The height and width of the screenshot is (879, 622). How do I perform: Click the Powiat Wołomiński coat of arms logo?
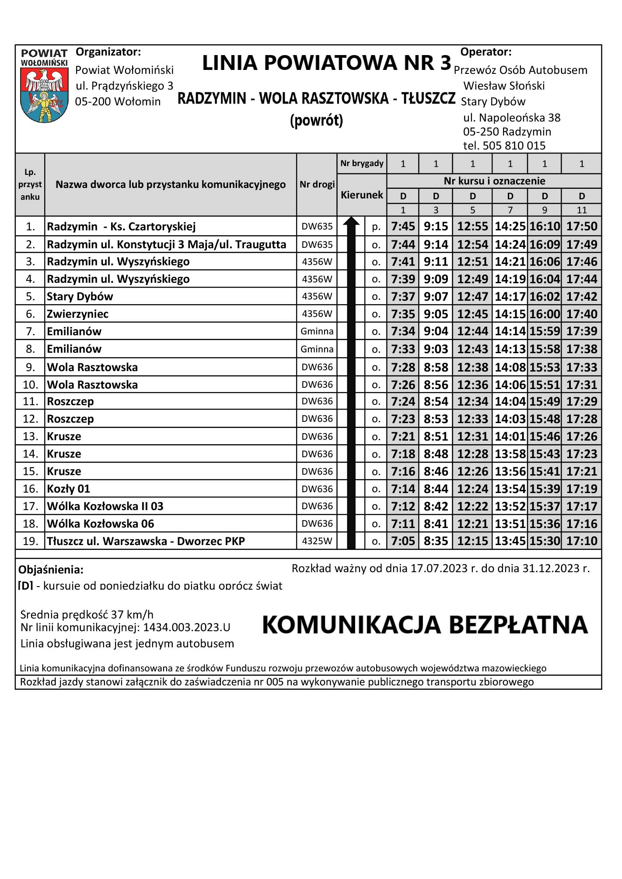pos(44,86)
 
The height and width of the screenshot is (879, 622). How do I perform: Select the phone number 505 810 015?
pos(514,146)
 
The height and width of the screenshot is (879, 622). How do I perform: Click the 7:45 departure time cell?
pos(403,226)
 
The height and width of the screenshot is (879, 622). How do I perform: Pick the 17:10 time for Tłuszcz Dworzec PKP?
pos(581,541)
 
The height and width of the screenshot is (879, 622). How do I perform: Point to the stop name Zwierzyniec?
pos(77,314)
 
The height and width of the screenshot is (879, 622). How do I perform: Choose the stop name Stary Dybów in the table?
pos(80,296)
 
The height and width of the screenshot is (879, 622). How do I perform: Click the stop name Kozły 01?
pos(68,489)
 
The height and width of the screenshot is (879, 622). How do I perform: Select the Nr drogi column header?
pos(317,184)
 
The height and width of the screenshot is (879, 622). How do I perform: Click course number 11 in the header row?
pos(581,210)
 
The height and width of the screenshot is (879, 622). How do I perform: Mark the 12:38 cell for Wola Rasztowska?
pos(472,367)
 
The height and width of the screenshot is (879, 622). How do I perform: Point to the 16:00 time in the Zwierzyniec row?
pos(545,314)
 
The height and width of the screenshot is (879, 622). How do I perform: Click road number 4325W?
pos(317,541)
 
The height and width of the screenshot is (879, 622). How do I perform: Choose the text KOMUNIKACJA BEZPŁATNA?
pos(425,625)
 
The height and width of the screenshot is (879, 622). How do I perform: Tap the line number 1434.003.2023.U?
pos(186,628)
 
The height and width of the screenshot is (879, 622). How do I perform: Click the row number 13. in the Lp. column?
pos(30,436)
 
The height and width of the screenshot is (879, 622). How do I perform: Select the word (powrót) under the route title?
pos(316,120)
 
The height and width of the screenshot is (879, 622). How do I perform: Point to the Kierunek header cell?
pos(362,195)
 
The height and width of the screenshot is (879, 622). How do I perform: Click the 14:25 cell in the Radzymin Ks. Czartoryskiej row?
pos(510,226)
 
